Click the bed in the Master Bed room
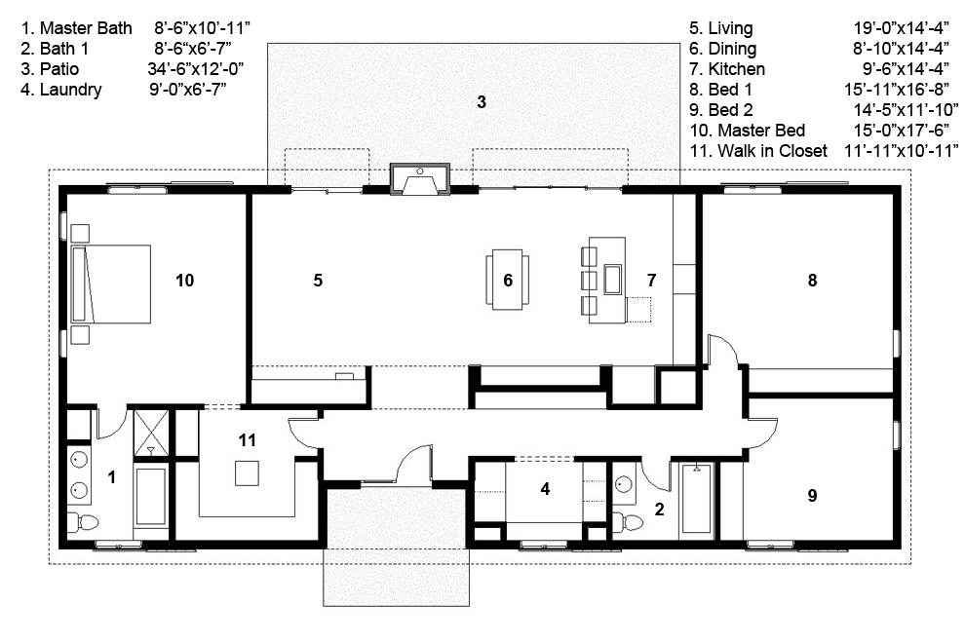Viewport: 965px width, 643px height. coord(118,284)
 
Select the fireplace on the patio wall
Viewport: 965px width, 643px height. coord(420,180)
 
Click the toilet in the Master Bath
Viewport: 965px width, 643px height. coord(87,522)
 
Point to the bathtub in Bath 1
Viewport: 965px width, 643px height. coord(697,498)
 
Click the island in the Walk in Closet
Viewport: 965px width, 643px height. coord(247,473)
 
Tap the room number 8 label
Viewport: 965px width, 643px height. coord(811,281)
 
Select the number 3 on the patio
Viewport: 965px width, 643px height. coord(481,101)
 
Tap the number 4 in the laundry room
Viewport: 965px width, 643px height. coord(546,489)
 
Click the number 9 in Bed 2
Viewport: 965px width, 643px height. coord(811,496)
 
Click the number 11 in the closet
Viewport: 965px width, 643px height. coord(248,440)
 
